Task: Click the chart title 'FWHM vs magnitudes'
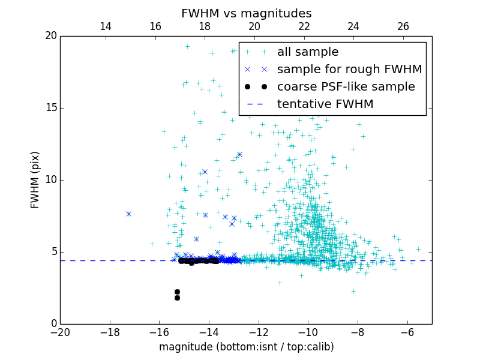pos(246,13)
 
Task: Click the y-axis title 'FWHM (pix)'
pos(35,180)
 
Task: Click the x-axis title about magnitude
pos(246,347)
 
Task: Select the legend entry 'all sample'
pos(308,52)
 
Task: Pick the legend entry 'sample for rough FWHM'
pos(349,70)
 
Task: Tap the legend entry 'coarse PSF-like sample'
pos(346,87)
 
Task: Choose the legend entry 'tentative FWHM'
pos(325,104)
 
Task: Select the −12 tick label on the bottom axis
pos(258,332)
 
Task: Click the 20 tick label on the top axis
pos(254,26)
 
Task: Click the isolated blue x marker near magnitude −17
pos(128,214)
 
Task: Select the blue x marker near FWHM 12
pos(239,154)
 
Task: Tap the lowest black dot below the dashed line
pos(177,298)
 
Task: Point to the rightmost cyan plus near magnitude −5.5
pos(418,249)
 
